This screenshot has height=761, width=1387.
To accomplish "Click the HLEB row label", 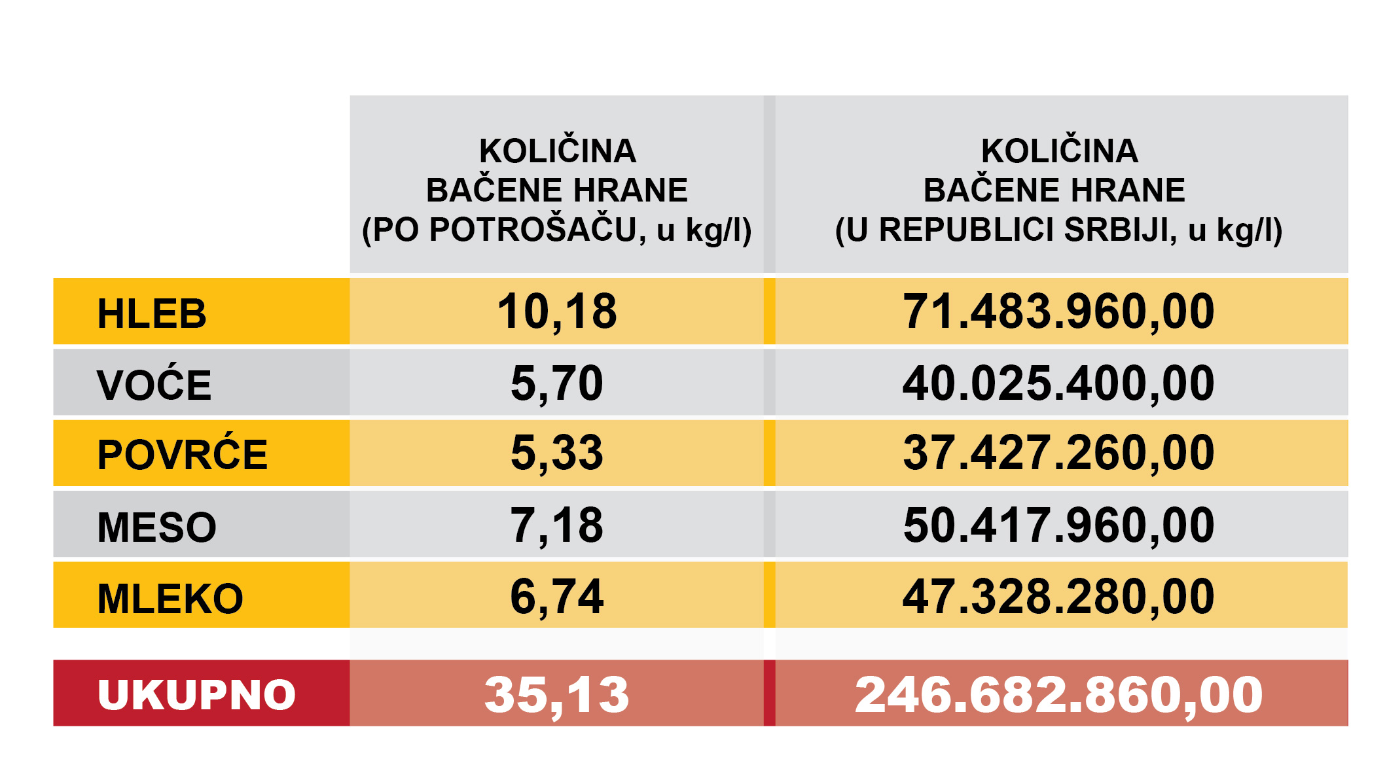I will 152,313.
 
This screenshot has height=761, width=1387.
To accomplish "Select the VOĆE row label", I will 154,384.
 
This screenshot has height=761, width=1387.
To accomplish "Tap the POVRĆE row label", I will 183,455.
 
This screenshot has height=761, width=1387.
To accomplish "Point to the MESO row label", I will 157,527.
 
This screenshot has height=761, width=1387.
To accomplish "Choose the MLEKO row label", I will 170,598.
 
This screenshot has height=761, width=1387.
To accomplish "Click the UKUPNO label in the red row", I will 197,694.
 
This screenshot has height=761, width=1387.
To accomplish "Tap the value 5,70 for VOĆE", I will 557,383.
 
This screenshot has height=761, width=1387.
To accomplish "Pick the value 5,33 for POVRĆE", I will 557,453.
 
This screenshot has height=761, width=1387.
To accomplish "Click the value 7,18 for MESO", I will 557,525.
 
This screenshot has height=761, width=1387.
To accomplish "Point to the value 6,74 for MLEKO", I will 557,597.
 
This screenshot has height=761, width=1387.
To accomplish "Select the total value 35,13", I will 557,695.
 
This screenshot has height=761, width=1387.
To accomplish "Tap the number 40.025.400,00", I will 1058,383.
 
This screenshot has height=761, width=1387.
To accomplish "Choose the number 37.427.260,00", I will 1058,453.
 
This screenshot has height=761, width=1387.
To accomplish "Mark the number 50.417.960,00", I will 1058,525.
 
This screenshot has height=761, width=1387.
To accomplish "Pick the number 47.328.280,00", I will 1058,597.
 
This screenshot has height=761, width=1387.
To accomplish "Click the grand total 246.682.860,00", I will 1058,695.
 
